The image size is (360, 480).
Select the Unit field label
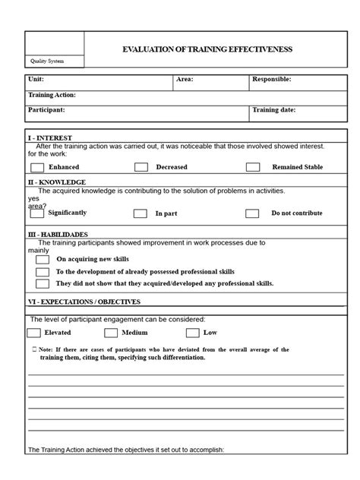pyautogui.click(x=36, y=79)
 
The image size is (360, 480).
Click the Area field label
pyautogui.click(x=185, y=79)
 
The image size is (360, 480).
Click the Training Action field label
pyautogui.click(x=52, y=95)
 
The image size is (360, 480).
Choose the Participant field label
pyautogui.click(x=46, y=110)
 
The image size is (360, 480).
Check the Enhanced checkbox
pyautogui.click(x=36, y=167)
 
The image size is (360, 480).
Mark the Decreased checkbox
pyautogui.click(x=141, y=167)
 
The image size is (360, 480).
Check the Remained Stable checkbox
pyautogui.click(x=252, y=167)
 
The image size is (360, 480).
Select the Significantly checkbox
pyautogui.click(x=36, y=213)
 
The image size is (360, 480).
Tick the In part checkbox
pyautogui.click(x=141, y=214)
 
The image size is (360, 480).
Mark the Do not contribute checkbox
pyautogui.click(x=252, y=214)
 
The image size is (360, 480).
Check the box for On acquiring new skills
pyautogui.click(x=43, y=260)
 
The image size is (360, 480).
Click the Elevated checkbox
pyautogui.click(x=33, y=333)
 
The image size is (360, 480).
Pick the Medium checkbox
pyautogui.click(x=111, y=333)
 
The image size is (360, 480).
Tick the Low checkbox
pyautogui.click(x=192, y=333)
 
